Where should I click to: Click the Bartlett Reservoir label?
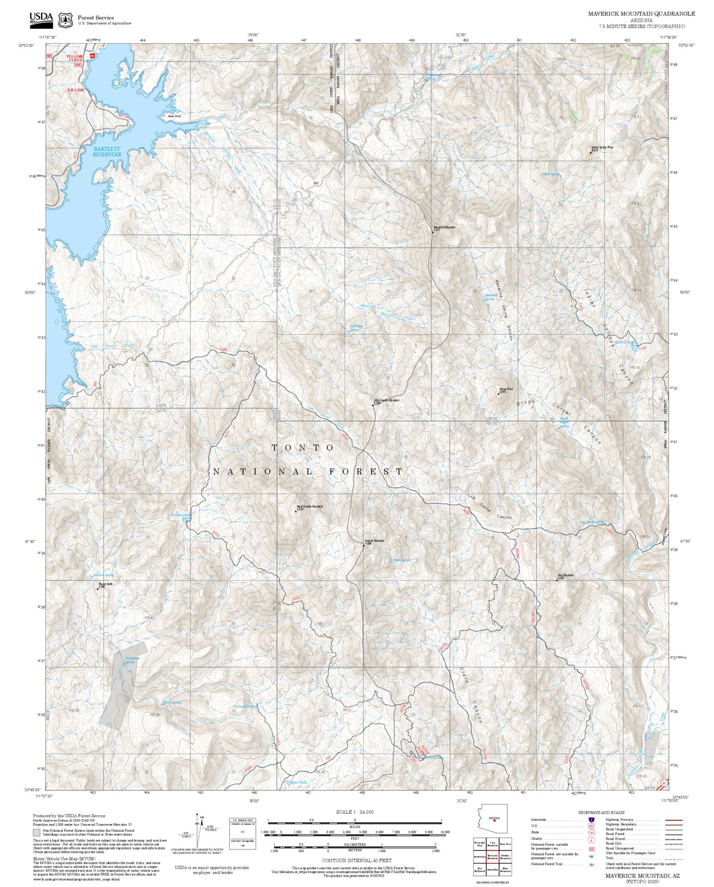click(107, 152)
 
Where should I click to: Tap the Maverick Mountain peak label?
click(444, 227)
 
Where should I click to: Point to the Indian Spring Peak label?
click(603, 147)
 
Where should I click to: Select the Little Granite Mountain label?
click(386, 400)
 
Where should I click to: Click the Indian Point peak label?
click(506, 389)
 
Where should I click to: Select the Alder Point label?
click(174, 116)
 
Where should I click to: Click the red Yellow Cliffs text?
click(75, 59)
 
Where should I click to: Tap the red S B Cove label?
click(76, 90)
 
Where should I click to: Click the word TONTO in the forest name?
click(303, 448)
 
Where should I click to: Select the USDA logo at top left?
click(41, 19)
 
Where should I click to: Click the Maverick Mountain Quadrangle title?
click(641, 14)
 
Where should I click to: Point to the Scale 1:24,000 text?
click(355, 812)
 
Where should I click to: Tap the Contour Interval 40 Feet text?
click(357, 860)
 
